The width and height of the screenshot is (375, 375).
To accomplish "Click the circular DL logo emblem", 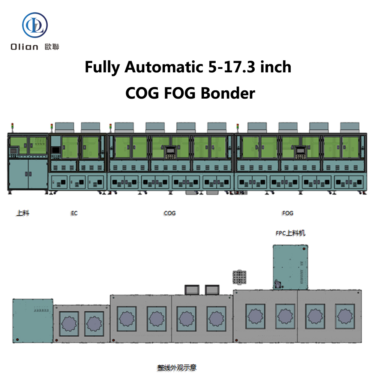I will [x=35, y=25].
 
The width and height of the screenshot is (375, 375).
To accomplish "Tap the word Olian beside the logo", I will [x=25, y=47].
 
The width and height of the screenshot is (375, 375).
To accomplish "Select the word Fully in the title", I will [x=102, y=67].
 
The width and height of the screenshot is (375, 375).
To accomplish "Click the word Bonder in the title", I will [x=228, y=93].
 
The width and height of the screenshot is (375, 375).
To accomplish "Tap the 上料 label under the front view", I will [x=23, y=213].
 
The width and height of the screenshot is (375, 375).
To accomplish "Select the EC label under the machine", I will [x=74, y=213].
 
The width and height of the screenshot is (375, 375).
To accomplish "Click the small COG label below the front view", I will [x=169, y=213].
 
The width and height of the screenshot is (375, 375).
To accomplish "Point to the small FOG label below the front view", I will [x=288, y=213].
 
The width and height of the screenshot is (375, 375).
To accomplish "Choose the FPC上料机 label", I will [x=290, y=233].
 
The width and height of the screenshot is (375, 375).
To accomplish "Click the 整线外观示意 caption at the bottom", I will [x=177, y=367].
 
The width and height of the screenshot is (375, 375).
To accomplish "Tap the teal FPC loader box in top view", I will [x=290, y=267].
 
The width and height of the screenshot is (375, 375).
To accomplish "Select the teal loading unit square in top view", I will [x=33, y=321].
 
